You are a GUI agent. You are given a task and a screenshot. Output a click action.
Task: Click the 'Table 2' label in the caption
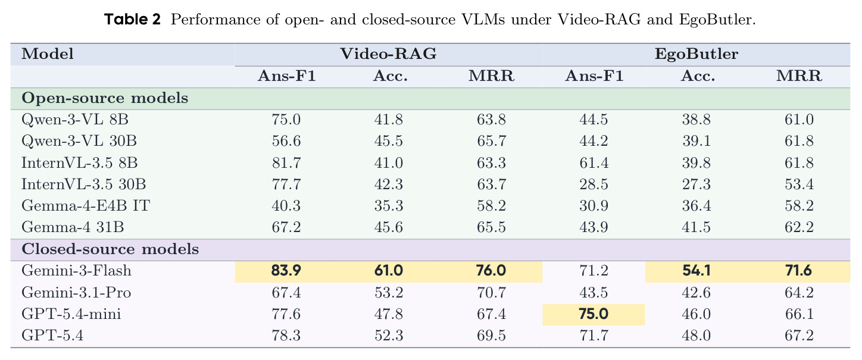pos(132,19)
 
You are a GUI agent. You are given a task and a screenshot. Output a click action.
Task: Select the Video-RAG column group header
pos(388,54)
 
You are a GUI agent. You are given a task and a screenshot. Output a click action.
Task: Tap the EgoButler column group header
pos(697,54)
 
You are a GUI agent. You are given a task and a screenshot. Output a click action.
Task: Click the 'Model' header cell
pos(48,54)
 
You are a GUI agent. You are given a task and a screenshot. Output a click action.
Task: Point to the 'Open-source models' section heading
pos(105,98)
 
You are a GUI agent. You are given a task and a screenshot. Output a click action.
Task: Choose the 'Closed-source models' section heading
pos(110,249)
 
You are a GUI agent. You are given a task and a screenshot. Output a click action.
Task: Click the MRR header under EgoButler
pos(799,76)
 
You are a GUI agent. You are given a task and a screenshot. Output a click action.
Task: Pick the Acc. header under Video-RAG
pos(390,76)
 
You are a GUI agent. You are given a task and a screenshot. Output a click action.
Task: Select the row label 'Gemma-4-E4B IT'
pos(86,205)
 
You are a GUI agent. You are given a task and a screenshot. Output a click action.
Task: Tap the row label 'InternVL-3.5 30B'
pos(83,184)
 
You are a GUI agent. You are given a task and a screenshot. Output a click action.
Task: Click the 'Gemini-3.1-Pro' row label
pos(76,293)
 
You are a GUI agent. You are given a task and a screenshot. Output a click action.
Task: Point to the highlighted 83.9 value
pos(286,270)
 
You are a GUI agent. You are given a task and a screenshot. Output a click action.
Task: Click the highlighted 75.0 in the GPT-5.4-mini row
pos(594,314)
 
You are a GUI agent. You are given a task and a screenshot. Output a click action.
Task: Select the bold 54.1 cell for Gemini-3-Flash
pos(697,270)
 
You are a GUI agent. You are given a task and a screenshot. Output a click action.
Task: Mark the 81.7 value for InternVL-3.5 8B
pos(286,162)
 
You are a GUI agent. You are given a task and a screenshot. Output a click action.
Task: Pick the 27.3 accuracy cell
pos(697,184)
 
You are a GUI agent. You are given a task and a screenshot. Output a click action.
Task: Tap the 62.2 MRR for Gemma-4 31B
pos(799,227)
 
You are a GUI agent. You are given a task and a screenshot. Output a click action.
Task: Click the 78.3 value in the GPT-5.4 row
pos(286,336)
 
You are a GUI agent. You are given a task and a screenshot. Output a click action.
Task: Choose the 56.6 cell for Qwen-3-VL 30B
pos(286,141)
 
